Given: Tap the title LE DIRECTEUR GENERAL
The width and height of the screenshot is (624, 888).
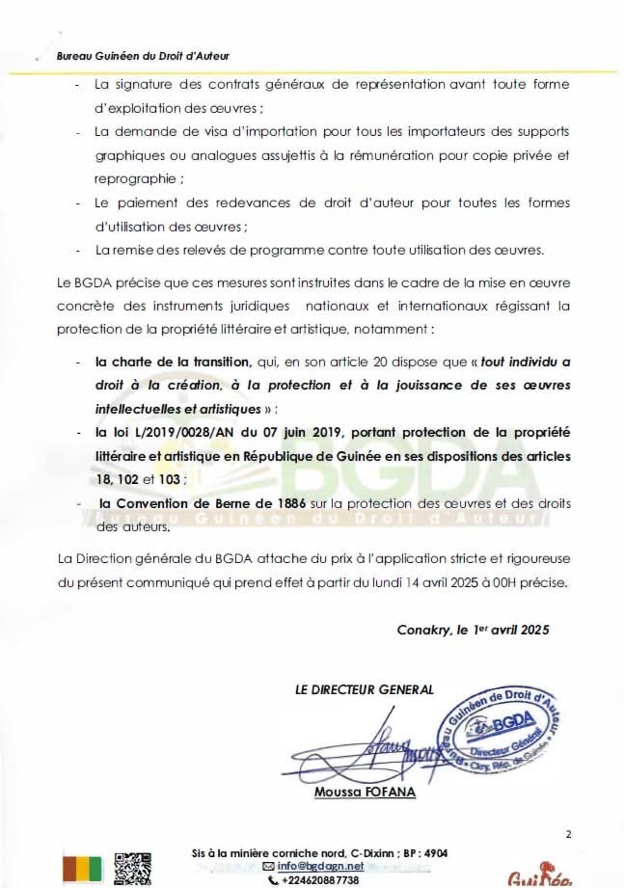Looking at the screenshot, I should [x=365, y=689].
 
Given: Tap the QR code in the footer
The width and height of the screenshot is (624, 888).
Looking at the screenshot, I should [x=133, y=869].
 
